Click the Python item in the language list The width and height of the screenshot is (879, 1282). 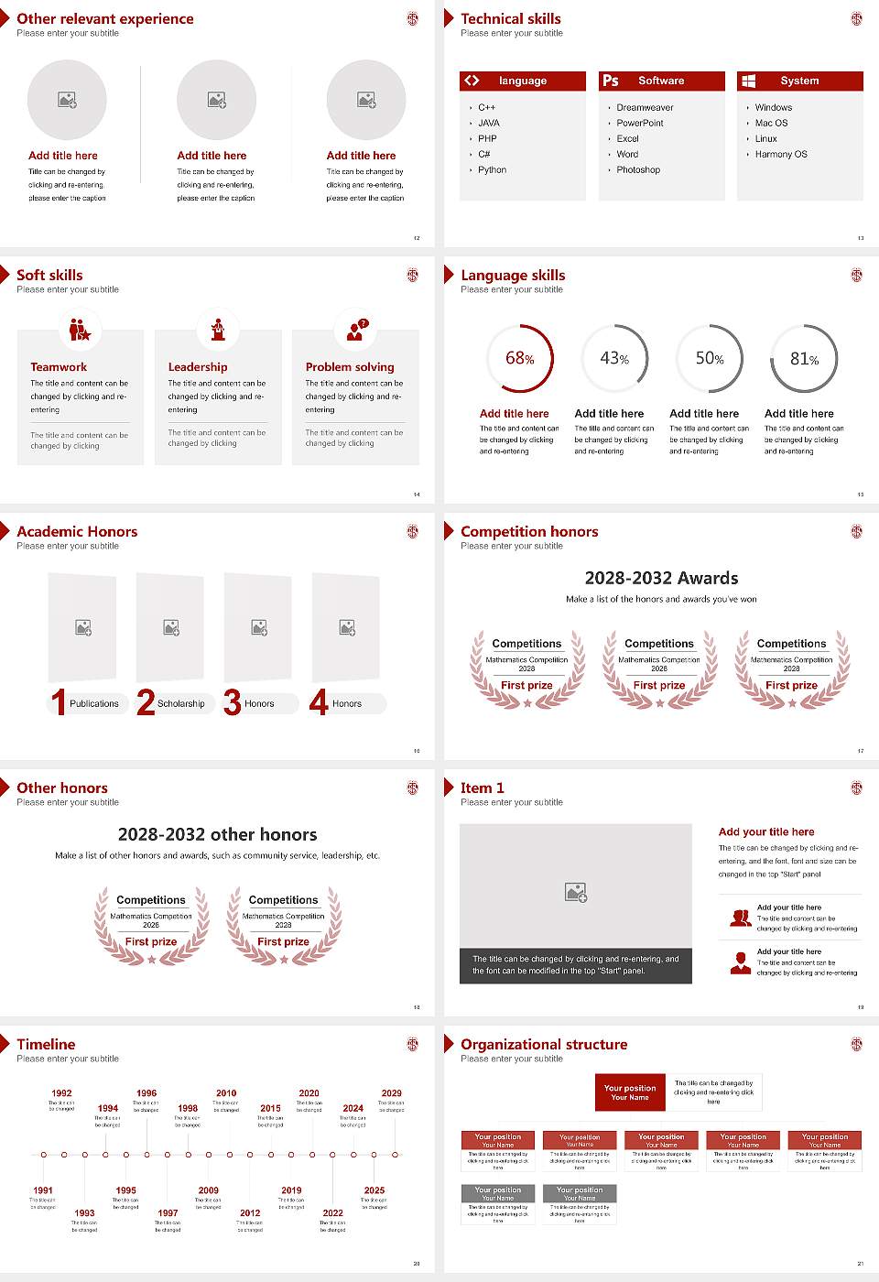(492, 170)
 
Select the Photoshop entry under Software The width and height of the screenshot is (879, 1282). (638, 170)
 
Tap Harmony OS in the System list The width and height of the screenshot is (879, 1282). (781, 155)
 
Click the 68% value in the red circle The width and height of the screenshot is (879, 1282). (520, 359)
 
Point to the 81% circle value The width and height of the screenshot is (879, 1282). (804, 359)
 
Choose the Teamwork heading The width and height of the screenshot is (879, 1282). (59, 367)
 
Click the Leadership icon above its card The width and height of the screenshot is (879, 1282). (218, 329)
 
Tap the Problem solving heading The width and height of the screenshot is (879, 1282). (350, 367)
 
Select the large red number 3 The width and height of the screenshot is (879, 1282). (233, 702)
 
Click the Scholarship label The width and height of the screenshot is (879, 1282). (180, 704)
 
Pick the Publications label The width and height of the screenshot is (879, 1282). (93, 704)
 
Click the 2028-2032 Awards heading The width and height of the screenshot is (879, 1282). (661, 579)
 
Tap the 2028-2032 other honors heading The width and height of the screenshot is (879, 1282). (217, 835)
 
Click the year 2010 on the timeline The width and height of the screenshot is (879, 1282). (226, 1093)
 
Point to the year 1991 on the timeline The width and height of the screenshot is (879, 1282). (43, 1190)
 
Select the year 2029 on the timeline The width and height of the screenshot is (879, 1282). (392, 1093)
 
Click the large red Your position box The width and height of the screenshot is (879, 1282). (630, 1092)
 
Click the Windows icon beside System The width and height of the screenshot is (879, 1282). (749, 81)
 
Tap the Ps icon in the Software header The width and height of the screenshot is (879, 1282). (611, 81)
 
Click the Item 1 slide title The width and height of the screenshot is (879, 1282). (482, 788)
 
